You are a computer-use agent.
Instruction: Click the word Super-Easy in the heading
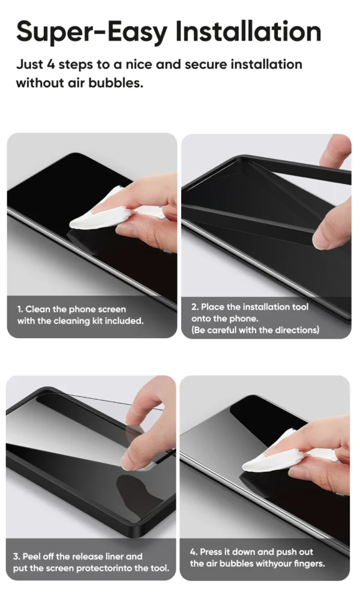coord(92,32)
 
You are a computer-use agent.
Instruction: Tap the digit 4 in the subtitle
coord(51,64)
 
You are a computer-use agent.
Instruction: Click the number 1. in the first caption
coord(20,309)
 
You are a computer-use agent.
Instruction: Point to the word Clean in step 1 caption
coord(38,309)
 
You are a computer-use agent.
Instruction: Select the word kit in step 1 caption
coord(97,321)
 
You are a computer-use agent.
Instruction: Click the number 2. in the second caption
coord(195,306)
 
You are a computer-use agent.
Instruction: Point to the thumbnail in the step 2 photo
coord(321,239)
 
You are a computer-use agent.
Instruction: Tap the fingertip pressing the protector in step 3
coord(131,459)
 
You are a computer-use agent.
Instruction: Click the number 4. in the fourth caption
coord(193,552)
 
